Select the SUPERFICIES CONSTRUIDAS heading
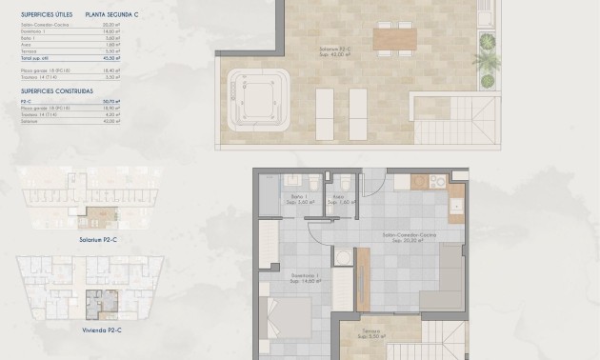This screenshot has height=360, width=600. coord(56,90)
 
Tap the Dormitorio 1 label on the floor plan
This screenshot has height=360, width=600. coord(305,280)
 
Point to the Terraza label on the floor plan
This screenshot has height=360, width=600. coord(370,333)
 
